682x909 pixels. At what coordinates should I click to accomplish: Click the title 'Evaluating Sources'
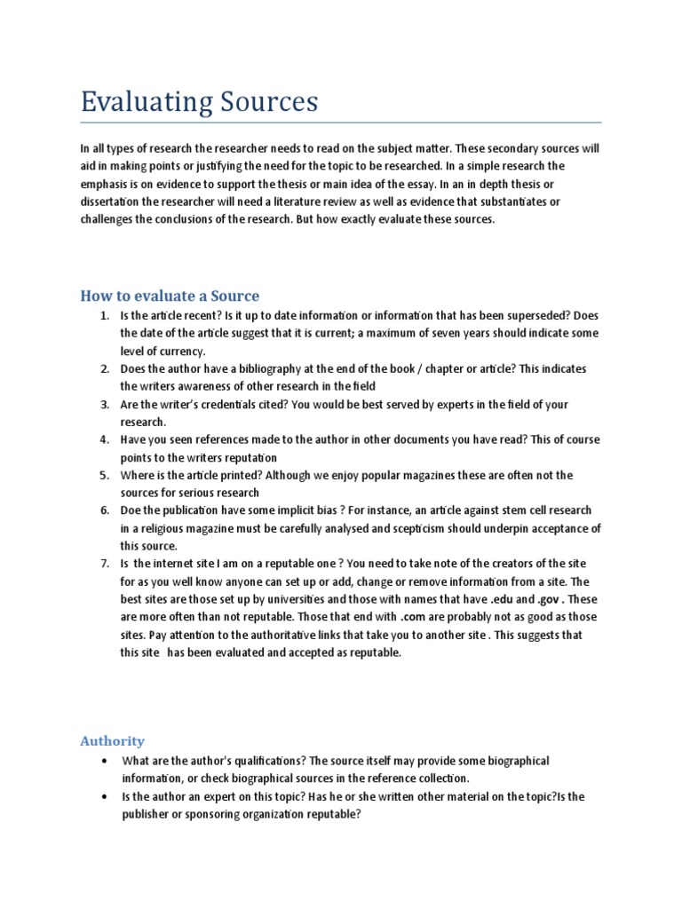[199, 102]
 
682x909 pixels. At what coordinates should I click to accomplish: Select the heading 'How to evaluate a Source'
[170, 296]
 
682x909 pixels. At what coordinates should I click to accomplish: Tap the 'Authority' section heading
[112, 740]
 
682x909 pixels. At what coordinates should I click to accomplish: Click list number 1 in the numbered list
[104, 316]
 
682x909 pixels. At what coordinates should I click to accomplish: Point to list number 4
[104, 439]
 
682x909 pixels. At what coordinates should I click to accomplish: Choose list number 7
[104, 564]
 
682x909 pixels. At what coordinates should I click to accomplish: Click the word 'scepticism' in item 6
[429, 528]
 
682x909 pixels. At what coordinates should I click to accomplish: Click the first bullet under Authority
[105, 762]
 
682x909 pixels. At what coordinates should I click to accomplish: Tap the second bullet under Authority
[105, 797]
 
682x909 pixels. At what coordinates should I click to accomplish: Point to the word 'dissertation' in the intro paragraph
[113, 202]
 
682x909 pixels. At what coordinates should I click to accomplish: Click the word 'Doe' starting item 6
[131, 510]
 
